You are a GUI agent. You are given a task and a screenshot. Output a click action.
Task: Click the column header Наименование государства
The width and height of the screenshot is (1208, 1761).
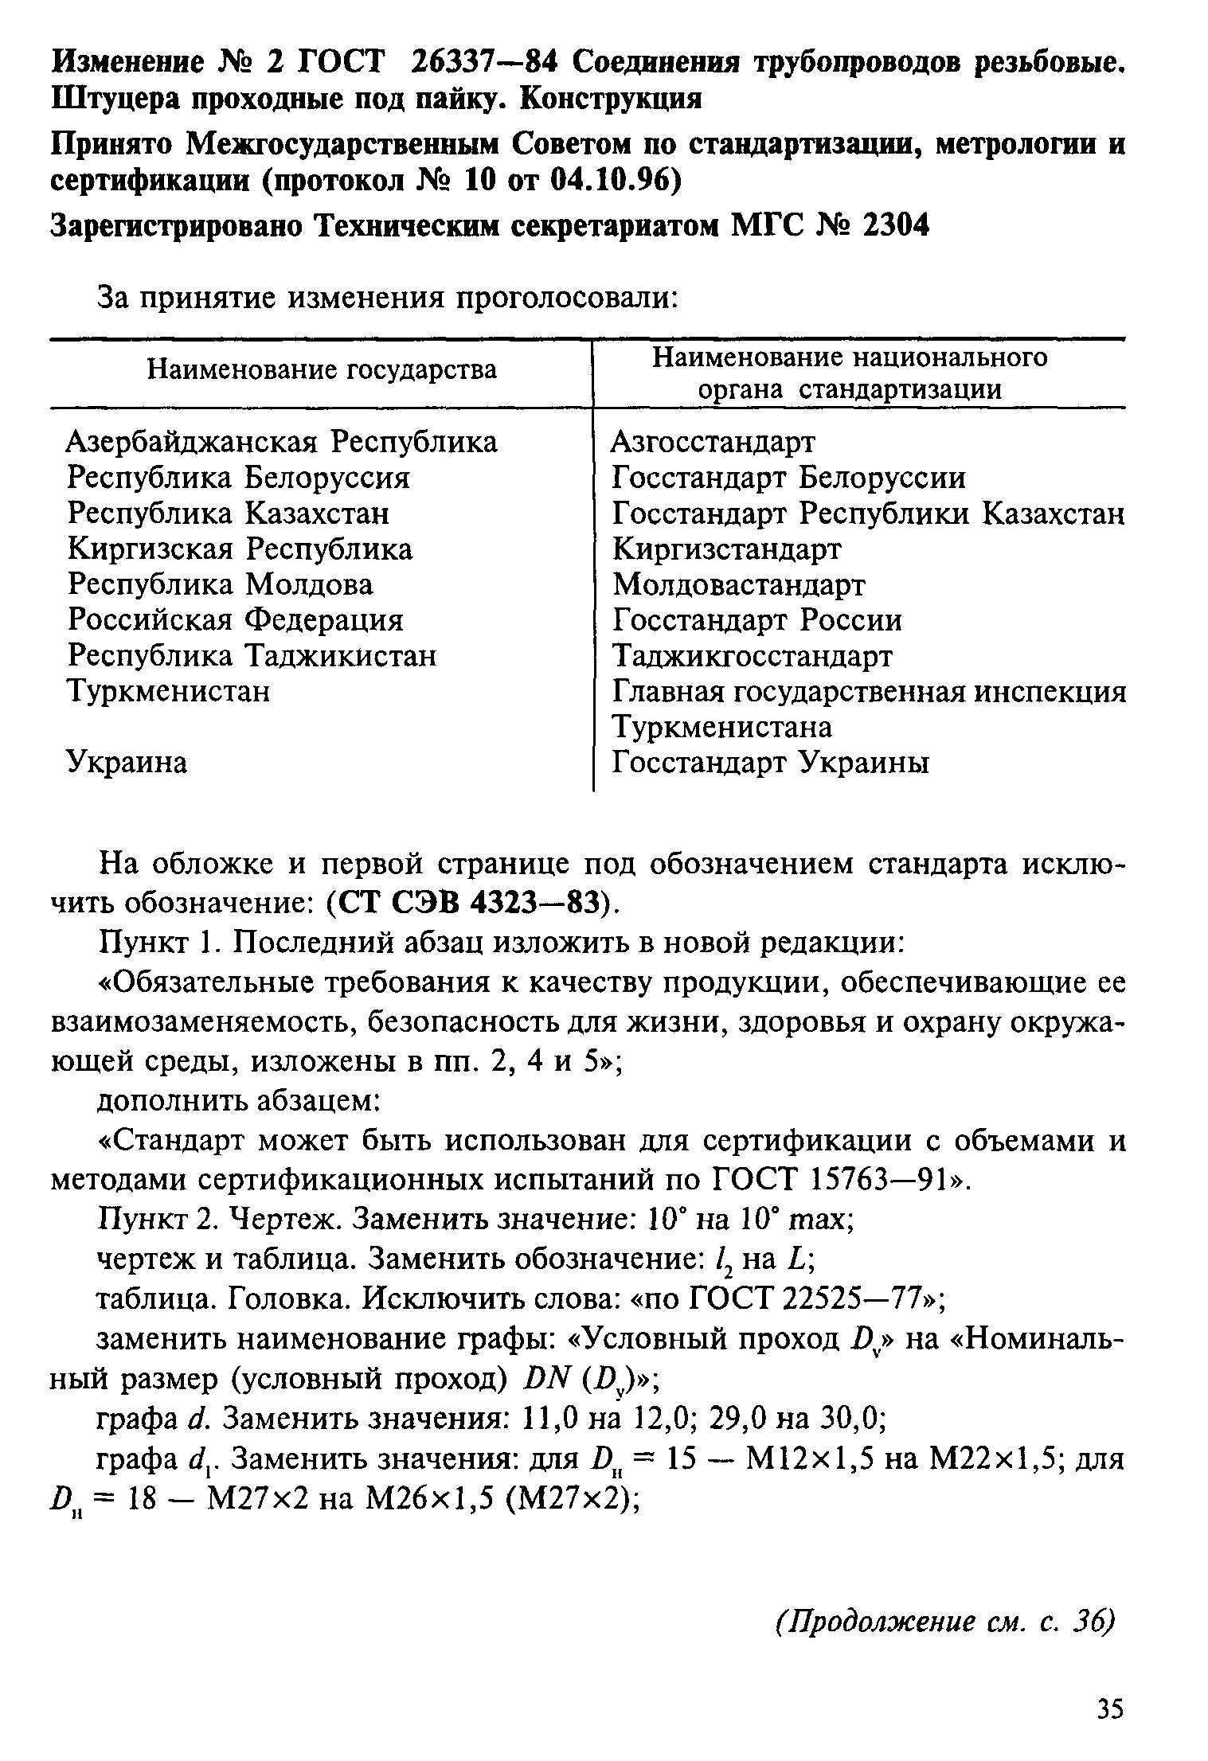[x=322, y=370]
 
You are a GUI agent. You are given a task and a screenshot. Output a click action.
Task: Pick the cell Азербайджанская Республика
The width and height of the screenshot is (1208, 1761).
[x=282, y=442]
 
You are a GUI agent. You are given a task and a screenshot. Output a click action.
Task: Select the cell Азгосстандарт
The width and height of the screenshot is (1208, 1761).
[x=713, y=442]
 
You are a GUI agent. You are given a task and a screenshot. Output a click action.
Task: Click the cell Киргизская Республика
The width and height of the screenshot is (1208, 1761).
[x=240, y=549]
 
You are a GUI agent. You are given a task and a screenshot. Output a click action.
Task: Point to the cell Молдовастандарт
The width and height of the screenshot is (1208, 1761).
[x=738, y=585]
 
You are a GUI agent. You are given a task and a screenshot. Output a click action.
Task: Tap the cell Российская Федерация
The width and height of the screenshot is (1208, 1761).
[x=236, y=620]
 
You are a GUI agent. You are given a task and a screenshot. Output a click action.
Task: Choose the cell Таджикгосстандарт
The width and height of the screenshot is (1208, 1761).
[x=753, y=656]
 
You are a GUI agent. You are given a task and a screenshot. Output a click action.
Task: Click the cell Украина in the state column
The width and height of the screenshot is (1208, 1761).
[x=127, y=763]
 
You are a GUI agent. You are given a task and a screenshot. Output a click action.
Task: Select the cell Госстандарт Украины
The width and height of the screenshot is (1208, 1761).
[x=770, y=763]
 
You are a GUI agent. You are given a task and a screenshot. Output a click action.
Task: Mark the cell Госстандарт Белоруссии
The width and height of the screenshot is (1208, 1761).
[x=788, y=478]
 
